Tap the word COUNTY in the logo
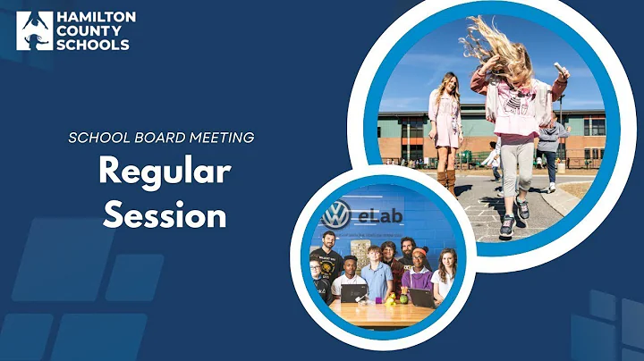89,30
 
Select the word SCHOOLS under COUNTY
93,45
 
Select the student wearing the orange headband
419,268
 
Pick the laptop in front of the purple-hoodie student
421,297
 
